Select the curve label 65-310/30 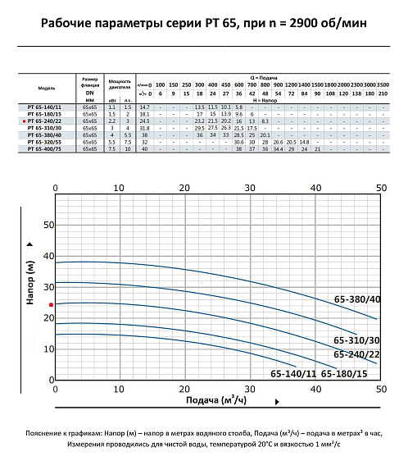pos(356,340)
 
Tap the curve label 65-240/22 pos(356,354)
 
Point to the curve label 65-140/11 pos(293,373)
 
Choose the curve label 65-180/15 pos(344,373)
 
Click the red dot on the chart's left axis pos(51,304)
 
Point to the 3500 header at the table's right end pos(383,85)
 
